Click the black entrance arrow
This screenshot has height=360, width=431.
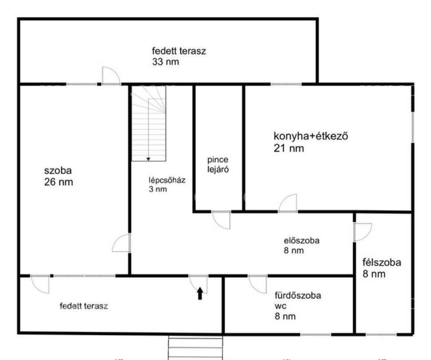click(x=200, y=293)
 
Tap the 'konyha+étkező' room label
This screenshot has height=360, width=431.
click(x=311, y=136)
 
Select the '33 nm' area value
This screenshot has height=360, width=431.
click(x=165, y=62)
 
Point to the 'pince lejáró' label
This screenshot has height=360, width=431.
click(x=218, y=165)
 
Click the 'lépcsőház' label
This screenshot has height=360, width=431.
click(x=167, y=180)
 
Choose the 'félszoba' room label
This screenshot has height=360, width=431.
click(x=382, y=262)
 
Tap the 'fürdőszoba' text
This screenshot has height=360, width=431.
click(x=298, y=296)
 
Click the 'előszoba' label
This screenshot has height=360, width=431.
click(x=302, y=241)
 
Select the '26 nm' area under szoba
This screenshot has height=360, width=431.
click(x=59, y=182)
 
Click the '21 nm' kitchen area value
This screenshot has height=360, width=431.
click(x=289, y=148)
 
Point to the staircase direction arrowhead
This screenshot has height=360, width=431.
click(x=148, y=159)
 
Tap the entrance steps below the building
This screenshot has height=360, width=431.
click(x=195, y=347)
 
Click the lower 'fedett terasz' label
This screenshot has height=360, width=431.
click(x=84, y=306)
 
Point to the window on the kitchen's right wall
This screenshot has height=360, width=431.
click(x=413, y=127)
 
